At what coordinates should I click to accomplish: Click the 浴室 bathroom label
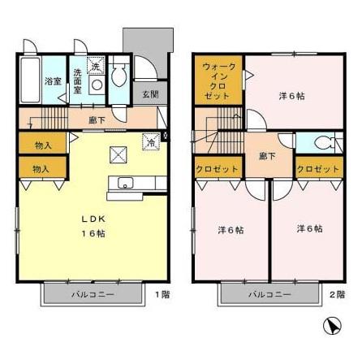point(53,81)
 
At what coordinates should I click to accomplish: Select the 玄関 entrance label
point(150,94)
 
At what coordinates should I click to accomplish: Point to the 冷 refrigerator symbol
point(151,141)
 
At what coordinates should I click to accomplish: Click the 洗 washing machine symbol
point(94,66)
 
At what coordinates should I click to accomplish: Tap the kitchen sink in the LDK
point(126,182)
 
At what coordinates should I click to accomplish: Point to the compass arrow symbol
point(331,327)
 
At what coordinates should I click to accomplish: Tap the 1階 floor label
point(163,293)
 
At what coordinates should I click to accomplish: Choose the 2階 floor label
point(337,293)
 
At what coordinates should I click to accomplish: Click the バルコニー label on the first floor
point(91,293)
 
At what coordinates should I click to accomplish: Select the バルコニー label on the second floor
point(265,293)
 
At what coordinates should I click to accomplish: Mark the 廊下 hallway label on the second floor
point(265,154)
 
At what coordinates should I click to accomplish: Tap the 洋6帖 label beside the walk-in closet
point(291,96)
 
